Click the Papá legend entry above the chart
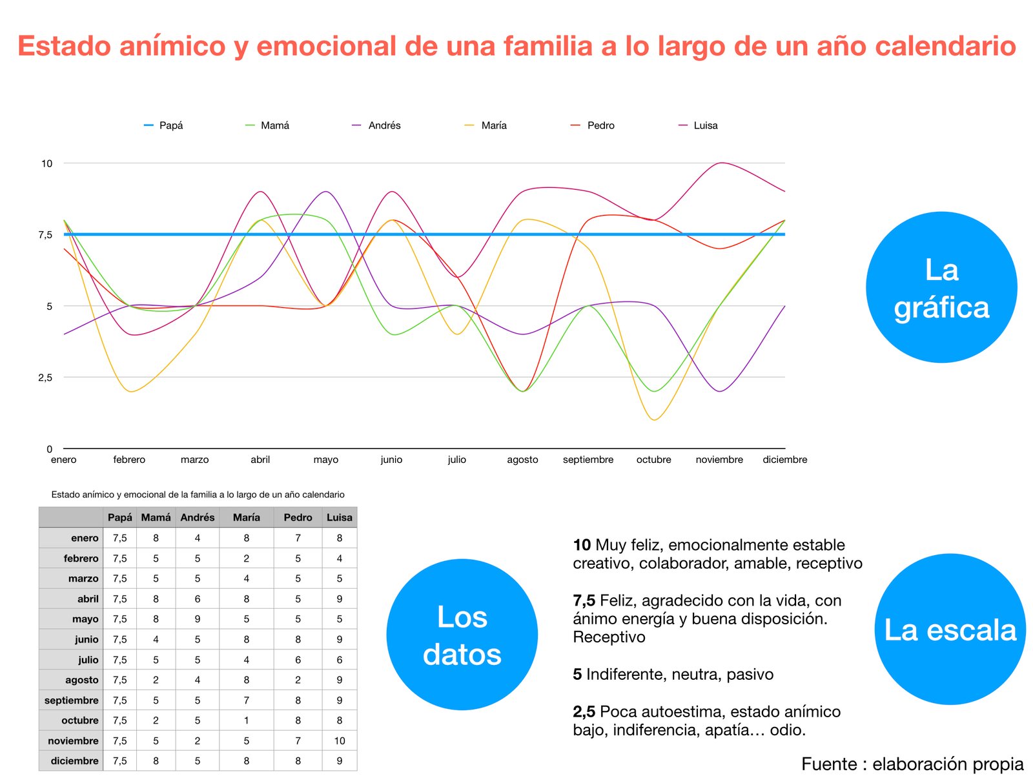tap(163, 125)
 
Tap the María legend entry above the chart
tap(486, 125)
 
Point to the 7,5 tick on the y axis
tap(45, 234)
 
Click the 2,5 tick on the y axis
tap(45, 377)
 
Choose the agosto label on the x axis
tap(522, 459)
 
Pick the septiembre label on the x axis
tap(588, 459)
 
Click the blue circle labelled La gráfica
tap(941, 287)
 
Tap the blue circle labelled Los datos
tap(462, 634)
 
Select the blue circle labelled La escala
tap(950, 629)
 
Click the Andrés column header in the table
tap(197, 517)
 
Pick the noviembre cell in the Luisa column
tap(340, 740)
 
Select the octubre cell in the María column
tap(246, 720)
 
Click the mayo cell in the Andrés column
tap(197, 619)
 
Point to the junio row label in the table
tap(86, 639)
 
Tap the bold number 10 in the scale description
tap(582, 544)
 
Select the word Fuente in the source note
tap(829, 764)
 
